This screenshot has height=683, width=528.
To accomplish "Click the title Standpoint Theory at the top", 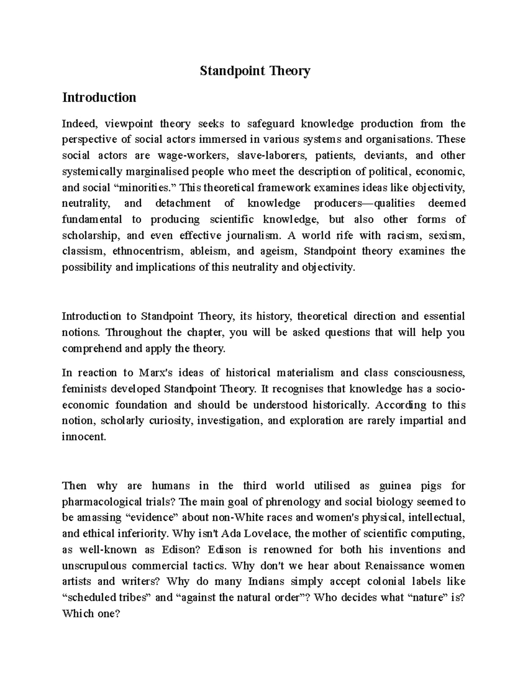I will pyautogui.click(x=255, y=71).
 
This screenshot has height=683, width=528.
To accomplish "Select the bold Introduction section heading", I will pyautogui.click(x=99, y=97).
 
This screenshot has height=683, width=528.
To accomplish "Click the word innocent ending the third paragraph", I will pyautogui.click(x=84, y=437).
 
